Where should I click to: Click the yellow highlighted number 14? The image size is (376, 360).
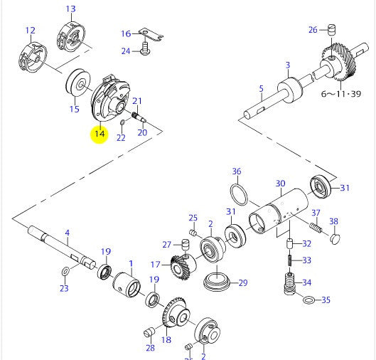tap(99, 133)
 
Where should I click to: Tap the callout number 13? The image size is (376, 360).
tap(70, 9)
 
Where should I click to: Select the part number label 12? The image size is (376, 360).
tap(30, 31)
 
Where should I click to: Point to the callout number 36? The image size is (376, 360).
tap(237, 171)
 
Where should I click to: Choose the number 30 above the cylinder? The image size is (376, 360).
tap(280, 182)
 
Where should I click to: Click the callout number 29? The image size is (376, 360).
tap(242, 283)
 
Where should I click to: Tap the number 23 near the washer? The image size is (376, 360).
tap(64, 288)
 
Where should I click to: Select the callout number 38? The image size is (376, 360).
tap(333, 221)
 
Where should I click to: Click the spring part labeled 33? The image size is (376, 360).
tap(290, 261)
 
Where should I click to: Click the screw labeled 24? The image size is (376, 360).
tap(146, 51)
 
